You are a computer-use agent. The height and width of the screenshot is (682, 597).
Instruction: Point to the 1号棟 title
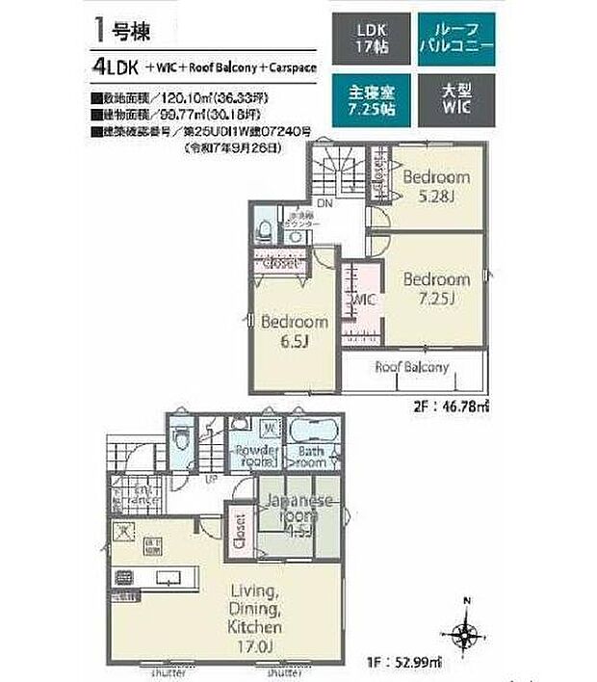[119, 29]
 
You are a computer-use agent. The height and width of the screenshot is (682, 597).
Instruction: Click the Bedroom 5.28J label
[435, 186]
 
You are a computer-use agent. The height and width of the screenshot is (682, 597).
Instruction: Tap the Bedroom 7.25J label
[435, 288]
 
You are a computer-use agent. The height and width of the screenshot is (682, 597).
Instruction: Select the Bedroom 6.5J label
[294, 331]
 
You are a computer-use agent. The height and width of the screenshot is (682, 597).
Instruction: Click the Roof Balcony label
[412, 367]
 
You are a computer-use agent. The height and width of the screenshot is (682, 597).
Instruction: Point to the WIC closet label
[364, 302]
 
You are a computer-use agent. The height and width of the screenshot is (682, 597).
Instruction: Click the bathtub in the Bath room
[312, 431]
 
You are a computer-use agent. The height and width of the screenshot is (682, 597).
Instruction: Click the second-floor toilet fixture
[264, 231]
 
